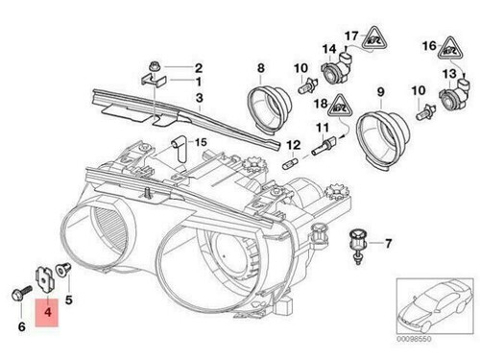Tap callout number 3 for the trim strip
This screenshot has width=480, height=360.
coord(198,97)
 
